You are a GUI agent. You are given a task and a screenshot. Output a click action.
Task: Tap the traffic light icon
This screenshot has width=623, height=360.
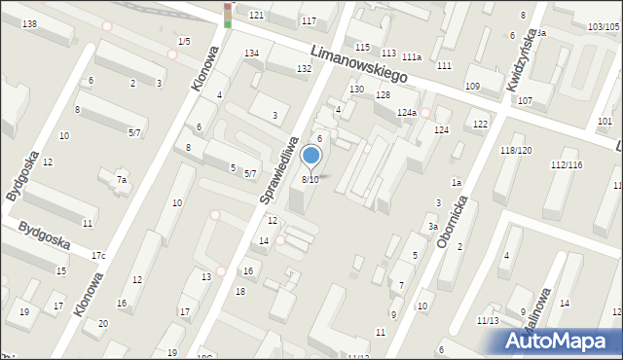coord(228,14)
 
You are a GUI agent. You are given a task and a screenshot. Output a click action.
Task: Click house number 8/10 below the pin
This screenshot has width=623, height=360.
coord(310,179)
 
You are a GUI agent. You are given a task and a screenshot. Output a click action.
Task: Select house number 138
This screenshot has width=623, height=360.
coord(29,23)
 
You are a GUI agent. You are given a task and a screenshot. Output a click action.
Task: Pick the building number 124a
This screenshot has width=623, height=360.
coord(407,114)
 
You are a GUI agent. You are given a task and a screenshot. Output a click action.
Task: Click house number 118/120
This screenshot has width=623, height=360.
coord(515,150)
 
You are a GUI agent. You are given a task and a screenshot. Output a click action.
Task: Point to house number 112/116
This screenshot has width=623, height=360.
coord(566,165)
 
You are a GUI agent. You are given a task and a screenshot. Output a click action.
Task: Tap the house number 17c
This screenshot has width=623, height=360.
coord(98,256)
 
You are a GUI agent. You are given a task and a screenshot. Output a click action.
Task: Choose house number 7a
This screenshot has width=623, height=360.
coord(122,179)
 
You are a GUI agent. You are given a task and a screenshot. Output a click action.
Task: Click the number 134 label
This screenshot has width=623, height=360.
coord(251,53)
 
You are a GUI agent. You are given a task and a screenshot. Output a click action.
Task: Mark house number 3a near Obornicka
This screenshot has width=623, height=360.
coord(432,226)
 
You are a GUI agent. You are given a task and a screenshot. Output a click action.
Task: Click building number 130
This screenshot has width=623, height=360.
coord(357,90)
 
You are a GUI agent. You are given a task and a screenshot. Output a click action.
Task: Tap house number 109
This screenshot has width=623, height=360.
coord(473,87)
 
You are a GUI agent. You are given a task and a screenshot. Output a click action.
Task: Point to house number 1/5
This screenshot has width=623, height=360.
coord(184,40)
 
